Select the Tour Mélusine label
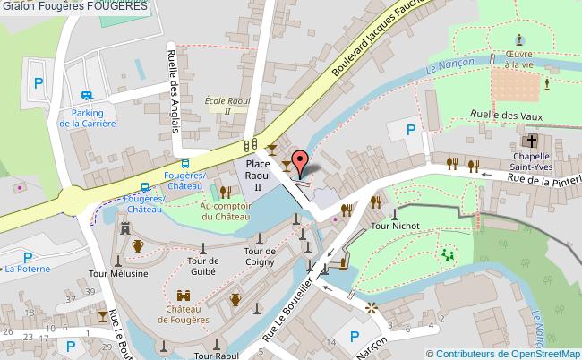(x=116, y=273)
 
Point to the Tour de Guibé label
(x=203, y=266)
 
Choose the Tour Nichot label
(x=395, y=227)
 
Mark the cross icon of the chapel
(x=531, y=141)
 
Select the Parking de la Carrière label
(x=87, y=118)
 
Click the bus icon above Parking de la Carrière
(x=87, y=97)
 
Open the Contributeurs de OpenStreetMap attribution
(x=509, y=353)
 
